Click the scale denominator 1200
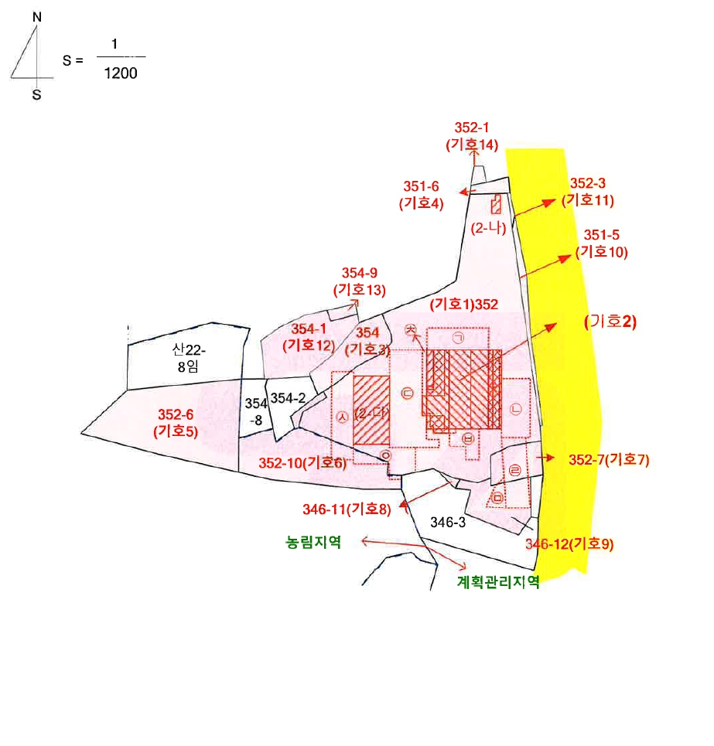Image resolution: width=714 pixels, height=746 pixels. pos(121,73)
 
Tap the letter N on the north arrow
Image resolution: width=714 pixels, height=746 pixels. pos(37,17)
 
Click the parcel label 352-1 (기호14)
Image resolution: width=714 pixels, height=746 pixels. pos(472,136)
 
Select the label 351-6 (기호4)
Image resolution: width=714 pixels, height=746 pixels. pos(422,195)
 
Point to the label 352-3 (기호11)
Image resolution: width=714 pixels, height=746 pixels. pos(588,192)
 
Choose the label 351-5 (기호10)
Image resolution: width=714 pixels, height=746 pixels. pos(602,243)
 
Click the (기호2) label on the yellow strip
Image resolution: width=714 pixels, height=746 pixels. pos(610,322)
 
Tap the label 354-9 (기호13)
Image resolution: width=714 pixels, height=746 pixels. pos(360,281)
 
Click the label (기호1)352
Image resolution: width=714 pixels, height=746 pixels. pos(464,305)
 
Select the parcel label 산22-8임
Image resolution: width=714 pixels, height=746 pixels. pos(189,358)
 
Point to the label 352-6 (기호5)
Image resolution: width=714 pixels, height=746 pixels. pos(176,423)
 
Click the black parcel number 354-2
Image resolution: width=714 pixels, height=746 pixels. pos(288,398)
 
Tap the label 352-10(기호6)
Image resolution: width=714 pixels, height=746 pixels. pos(302,463)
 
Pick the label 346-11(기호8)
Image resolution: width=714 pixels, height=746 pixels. pos(347,509)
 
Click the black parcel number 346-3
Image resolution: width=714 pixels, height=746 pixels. pos(448,523)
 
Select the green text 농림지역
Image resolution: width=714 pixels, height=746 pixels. pos(313,542)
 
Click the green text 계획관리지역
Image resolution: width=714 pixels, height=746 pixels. pos(498,581)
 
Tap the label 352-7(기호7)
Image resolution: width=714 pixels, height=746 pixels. pos(609,460)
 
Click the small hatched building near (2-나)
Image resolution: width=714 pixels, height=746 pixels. pos(496,204)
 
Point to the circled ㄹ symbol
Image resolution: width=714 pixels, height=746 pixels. pos(515,471)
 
